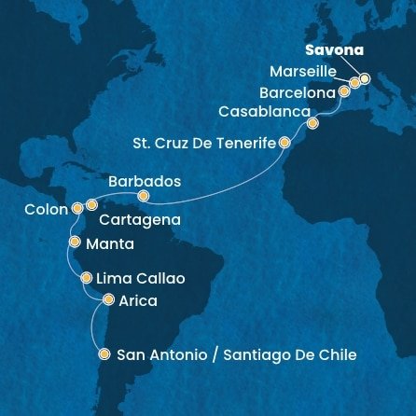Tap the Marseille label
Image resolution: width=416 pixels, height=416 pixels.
point(299,72)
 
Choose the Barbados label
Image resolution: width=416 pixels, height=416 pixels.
point(145,181)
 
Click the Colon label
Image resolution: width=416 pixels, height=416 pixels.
point(46,210)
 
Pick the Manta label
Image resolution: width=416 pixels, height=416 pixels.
point(109,243)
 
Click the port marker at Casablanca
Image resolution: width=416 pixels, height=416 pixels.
point(312,122)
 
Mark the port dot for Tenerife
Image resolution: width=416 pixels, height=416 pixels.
point(284,144)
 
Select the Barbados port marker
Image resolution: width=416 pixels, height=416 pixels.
point(143,197)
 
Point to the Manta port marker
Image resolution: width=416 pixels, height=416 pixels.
point(74,241)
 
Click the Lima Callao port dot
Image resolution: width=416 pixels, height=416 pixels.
point(86,277)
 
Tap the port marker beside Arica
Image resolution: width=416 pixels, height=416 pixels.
point(108,299)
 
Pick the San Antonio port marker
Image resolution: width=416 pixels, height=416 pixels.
point(103,354)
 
